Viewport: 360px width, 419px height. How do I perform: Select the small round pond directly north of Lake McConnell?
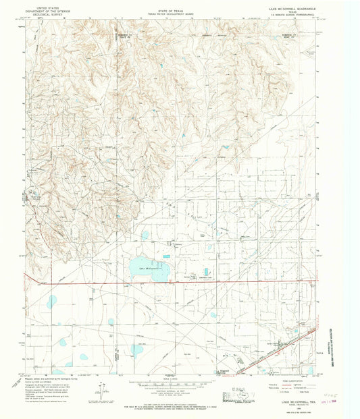(x=145, y=235)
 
